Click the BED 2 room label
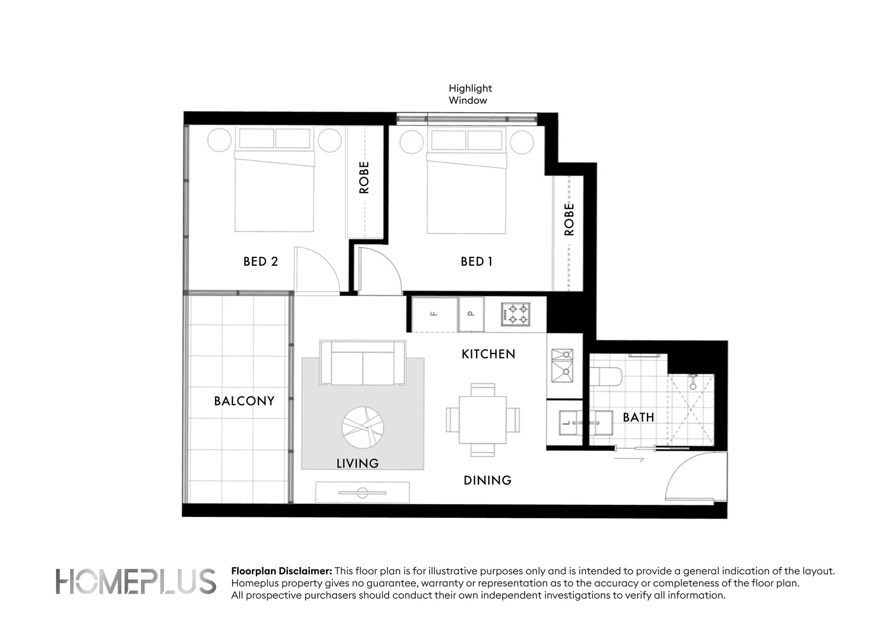click(x=261, y=262)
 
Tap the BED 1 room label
click(x=476, y=262)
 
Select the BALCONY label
click(x=244, y=401)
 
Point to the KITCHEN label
click(x=488, y=354)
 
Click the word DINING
click(x=487, y=480)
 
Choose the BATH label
click(x=638, y=417)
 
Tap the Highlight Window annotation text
click(x=470, y=94)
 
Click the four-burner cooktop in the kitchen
click(x=515, y=314)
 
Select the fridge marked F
click(x=434, y=314)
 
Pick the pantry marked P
click(x=471, y=314)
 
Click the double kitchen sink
click(x=562, y=366)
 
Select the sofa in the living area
click(x=363, y=363)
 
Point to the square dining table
click(x=482, y=420)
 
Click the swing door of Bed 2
click(x=316, y=269)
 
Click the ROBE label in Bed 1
click(x=569, y=219)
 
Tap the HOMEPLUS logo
click(x=136, y=582)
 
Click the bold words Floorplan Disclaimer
click(x=281, y=571)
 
